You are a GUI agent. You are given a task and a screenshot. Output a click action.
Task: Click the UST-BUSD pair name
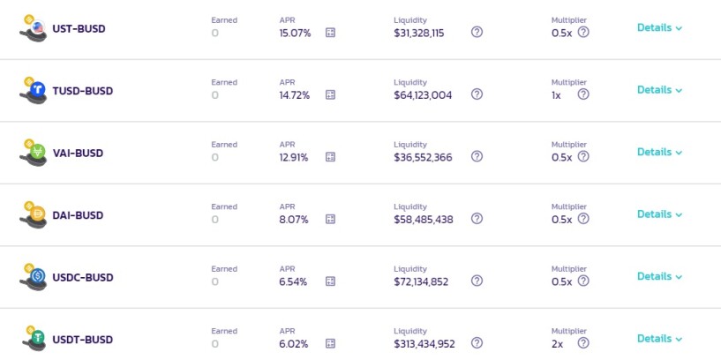pos(79,28)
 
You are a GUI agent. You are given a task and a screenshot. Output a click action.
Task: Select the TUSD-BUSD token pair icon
pos(34,90)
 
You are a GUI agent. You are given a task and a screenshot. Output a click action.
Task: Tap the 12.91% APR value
pos(294,157)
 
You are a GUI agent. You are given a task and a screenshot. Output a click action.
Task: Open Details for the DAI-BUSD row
pos(659,214)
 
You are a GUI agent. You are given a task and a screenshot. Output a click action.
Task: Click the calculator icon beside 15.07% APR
pos(330,32)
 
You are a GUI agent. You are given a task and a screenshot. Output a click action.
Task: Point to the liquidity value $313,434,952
pos(424,343)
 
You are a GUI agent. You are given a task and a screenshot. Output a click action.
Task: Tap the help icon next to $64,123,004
pos(477,94)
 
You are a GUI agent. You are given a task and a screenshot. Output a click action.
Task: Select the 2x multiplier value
pos(558,343)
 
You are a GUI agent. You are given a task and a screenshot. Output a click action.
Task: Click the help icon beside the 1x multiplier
pos(583,94)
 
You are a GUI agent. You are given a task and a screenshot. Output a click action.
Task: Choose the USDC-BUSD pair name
pos(83,277)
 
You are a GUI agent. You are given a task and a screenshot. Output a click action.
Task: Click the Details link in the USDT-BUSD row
pos(659,339)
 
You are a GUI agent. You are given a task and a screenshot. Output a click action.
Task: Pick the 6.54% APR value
pos(293,281)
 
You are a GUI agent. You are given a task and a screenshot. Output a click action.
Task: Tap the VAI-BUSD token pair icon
pos(34,152)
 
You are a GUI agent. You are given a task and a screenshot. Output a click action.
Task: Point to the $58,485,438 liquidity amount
pos(424,220)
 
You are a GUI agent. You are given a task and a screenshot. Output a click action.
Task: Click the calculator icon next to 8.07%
pos(330,219)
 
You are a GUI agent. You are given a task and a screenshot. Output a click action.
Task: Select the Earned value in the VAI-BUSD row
pos(214,157)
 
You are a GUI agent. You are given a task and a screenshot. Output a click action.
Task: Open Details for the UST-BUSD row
pos(659,27)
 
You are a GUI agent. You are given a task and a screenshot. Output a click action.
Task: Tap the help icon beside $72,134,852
pos(477,281)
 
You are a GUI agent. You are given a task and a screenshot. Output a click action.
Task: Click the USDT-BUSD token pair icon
pos(34,339)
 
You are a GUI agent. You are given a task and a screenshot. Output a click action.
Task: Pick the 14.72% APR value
pos(294,95)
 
